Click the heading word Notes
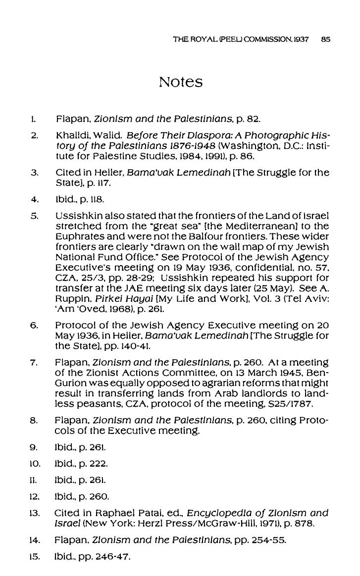point(181,82)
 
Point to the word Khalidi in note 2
point(73,135)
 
